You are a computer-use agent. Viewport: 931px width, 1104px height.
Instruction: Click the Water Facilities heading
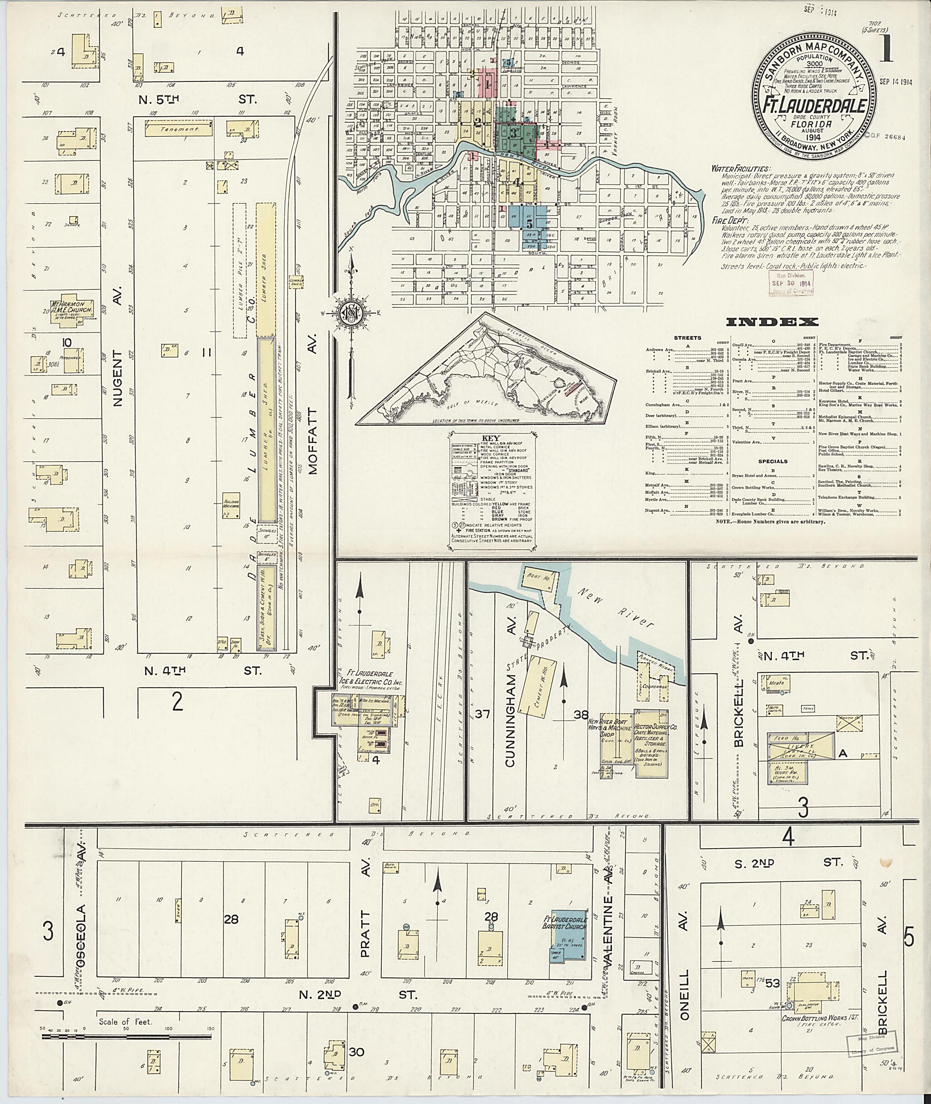pos(740,169)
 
